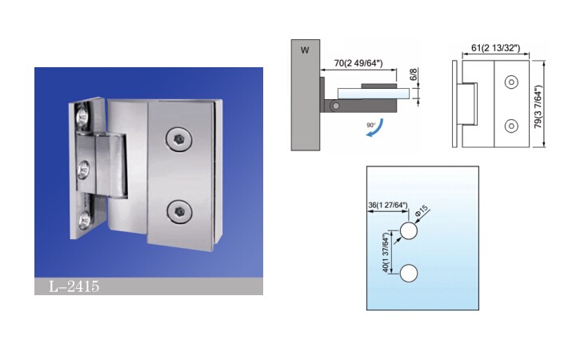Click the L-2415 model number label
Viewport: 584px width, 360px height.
coord(74,286)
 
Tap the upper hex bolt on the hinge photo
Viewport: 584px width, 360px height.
coord(178,139)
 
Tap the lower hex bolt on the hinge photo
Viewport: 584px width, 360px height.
coord(178,211)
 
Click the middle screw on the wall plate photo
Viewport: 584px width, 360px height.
coord(83,171)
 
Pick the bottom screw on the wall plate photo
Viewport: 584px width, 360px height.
coord(85,220)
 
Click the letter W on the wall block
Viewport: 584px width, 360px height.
coord(305,50)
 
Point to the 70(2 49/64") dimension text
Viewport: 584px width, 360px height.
coord(358,63)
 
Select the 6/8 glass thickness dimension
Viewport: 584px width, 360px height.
coord(414,74)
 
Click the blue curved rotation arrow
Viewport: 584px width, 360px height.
coord(375,130)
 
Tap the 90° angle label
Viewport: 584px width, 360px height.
coord(371,125)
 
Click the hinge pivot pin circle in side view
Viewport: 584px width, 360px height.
coord(335,106)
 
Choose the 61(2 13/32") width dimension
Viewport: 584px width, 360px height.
coord(495,48)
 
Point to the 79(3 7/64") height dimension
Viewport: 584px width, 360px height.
coord(538,107)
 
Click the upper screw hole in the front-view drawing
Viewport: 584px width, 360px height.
coord(511,82)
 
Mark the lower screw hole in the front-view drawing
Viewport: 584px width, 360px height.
coord(511,126)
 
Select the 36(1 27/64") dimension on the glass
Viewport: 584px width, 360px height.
coord(388,205)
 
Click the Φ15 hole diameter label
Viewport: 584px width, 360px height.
coord(422,211)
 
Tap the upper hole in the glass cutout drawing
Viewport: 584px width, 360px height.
coord(409,231)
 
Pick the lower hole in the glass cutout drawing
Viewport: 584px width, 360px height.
coord(409,274)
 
